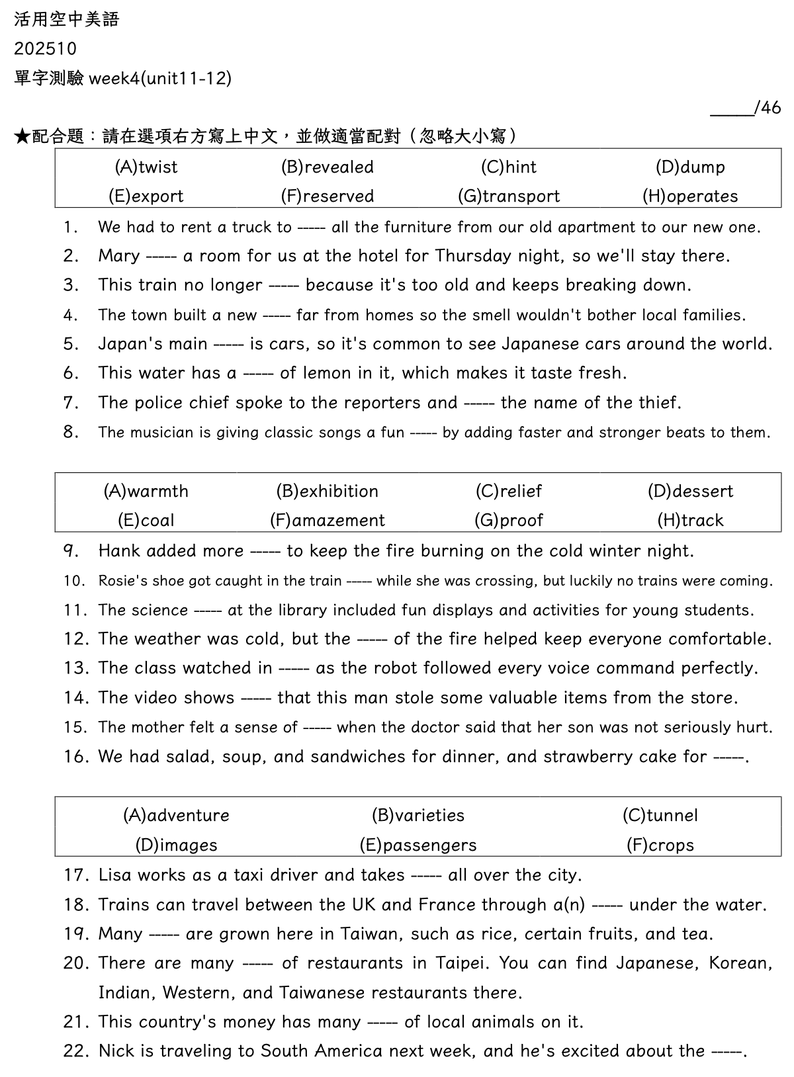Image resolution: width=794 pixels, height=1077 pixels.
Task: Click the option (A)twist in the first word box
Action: [x=146, y=167]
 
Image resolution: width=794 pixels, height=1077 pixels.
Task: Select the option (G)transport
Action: [x=509, y=196]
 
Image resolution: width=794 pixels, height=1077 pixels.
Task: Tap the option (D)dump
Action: [x=690, y=167]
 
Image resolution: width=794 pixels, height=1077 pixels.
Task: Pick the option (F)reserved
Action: [x=328, y=196]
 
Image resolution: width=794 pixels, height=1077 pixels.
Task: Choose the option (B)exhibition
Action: [x=328, y=491]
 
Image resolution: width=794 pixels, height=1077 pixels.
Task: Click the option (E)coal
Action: [x=146, y=521]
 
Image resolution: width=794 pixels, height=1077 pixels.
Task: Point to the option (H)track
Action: [x=690, y=521]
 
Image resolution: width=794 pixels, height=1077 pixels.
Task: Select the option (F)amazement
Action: [x=328, y=521]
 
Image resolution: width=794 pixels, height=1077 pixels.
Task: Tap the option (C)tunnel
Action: [x=660, y=815]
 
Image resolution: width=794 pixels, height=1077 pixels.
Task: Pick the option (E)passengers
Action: [x=418, y=845]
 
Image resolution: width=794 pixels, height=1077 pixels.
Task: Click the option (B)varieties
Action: [x=418, y=815]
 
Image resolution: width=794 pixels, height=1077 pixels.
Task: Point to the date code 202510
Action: [x=45, y=49]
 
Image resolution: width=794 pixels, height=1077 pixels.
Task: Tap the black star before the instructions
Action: [x=21, y=137]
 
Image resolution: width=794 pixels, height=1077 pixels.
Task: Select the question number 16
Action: [x=76, y=757]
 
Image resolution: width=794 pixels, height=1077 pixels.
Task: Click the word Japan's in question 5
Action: [x=125, y=344]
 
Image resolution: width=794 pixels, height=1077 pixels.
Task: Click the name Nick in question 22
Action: [x=114, y=1051]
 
